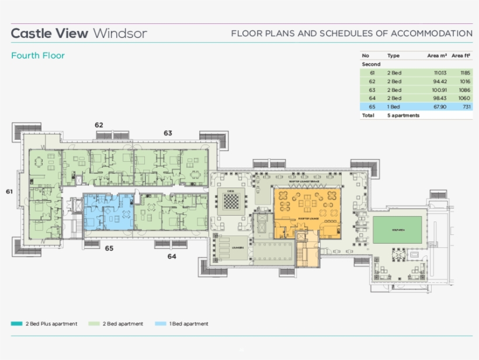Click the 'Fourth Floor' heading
pos(38,56)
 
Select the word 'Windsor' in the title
pos(120,33)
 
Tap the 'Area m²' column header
pos(437,56)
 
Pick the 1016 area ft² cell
pos(464,81)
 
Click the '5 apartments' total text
pos(403,116)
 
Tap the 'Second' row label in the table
pos(371,64)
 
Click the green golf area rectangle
pos(397,230)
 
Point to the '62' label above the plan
pos(99,125)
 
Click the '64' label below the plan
pos(172,256)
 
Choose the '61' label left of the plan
pos(9,191)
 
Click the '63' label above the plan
pos(168,133)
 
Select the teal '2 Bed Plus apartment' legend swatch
pos(16,324)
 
